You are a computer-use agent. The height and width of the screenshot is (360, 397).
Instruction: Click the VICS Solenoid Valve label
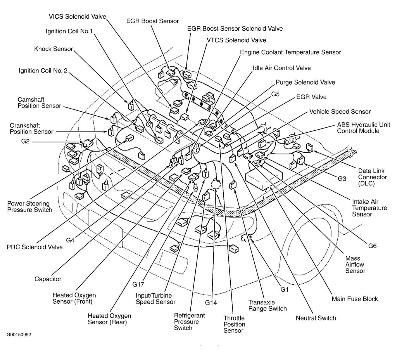pyautogui.click(x=77, y=16)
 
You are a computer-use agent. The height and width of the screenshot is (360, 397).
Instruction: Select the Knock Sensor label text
pyautogui.click(x=54, y=49)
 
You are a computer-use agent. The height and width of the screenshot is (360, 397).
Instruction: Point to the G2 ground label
pyautogui.click(x=26, y=142)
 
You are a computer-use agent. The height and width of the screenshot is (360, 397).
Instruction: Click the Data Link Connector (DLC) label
pyautogui.click(x=372, y=177)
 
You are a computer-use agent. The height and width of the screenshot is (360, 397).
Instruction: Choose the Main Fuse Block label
pyautogui.click(x=355, y=299)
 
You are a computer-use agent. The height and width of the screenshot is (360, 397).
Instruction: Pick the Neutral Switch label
pyautogui.click(x=316, y=318)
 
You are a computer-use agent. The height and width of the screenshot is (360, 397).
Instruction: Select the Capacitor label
pyautogui.click(x=48, y=279)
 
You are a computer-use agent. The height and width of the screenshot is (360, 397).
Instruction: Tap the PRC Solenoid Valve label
pyautogui.click(x=35, y=247)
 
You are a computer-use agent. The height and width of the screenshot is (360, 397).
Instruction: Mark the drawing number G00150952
pyautogui.click(x=19, y=335)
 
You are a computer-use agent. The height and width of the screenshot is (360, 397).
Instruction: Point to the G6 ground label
pyautogui.click(x=372, y=246)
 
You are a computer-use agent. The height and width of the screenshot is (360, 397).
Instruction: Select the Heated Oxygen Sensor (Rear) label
pyautogui.click(x=109, y=319)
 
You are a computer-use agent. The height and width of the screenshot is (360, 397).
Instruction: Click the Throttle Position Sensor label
pyautogui.click(x=234, y=324)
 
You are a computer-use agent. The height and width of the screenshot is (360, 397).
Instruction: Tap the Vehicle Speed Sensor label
pyautogui.click(x=340, y=112)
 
